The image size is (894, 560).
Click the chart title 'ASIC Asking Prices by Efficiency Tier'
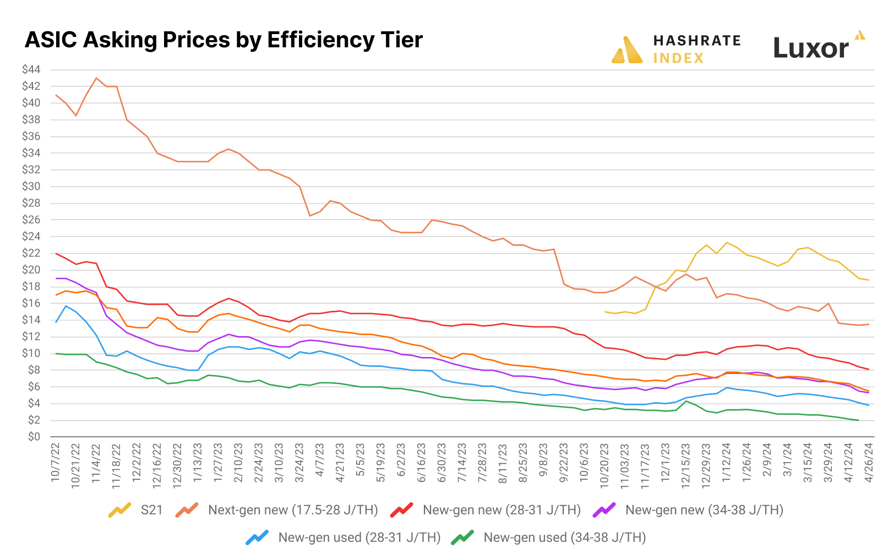click(x=223, y=40)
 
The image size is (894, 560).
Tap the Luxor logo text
click(x=811, y=48)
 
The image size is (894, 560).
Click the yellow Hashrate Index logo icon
click(x=626, y=50)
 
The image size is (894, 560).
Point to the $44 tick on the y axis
click(x=31, y=69)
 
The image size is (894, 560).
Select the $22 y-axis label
click(x=31, y=253)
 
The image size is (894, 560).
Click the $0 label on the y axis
click(x=34, y=437)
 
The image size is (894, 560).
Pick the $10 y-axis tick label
click(x=31, y=353)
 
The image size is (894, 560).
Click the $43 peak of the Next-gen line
click(x=96, y=78)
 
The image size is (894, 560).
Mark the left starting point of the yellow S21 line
click(x=604, y=312)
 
